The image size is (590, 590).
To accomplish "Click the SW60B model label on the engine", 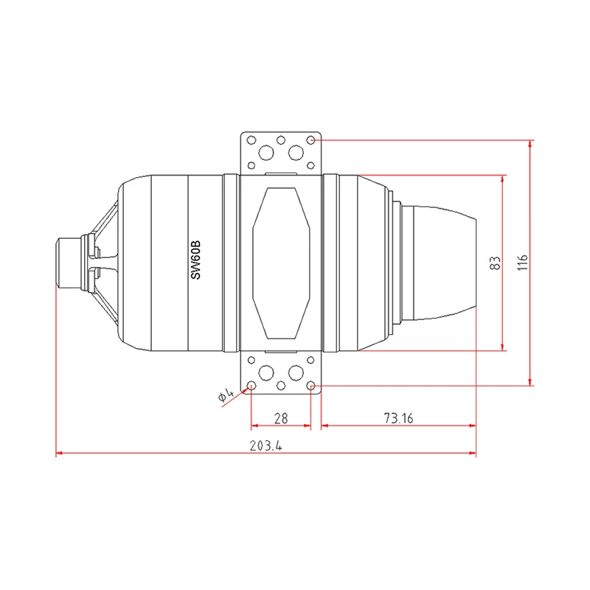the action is click(x=195, y=260).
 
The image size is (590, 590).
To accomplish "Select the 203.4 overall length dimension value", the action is click(x=265, y=446).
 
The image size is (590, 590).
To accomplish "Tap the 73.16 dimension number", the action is click(x=398, y=418).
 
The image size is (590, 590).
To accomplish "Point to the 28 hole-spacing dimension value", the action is click(x=281, y=418).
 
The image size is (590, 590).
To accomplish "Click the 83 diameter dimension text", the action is click(x=495, y=263).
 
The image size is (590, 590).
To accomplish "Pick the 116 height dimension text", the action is click(x=522, y=263).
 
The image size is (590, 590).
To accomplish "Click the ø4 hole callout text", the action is click(x=226, y=394).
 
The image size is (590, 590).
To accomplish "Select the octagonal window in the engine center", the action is click(x=281, y=263).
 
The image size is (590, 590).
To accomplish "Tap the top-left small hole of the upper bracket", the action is click(x=251, y=140).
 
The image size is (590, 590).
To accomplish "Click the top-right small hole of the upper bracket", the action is click(x=310, y=140).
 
